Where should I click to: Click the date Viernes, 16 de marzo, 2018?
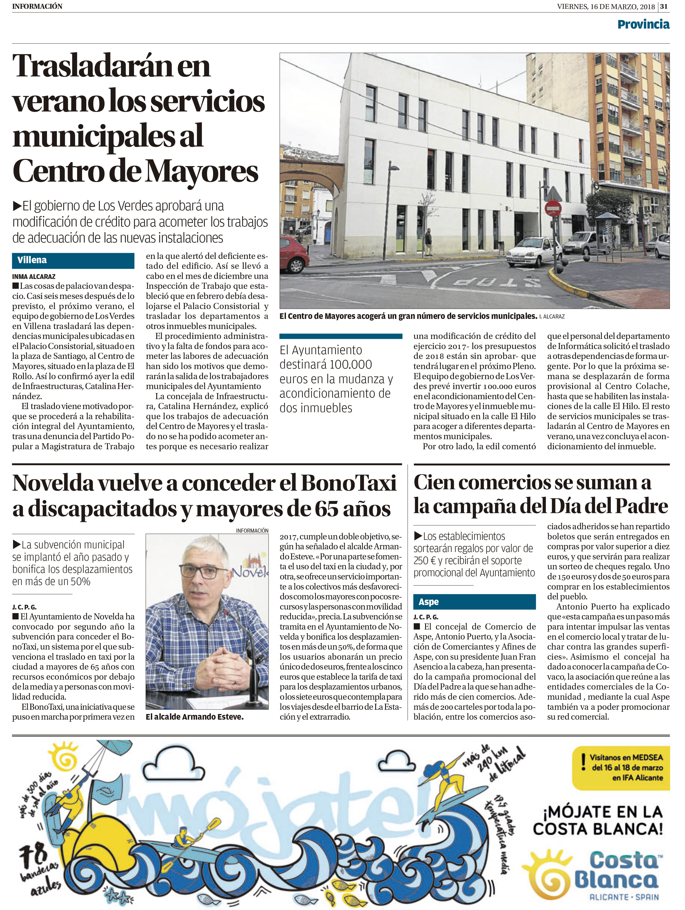(x=606, y=6)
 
